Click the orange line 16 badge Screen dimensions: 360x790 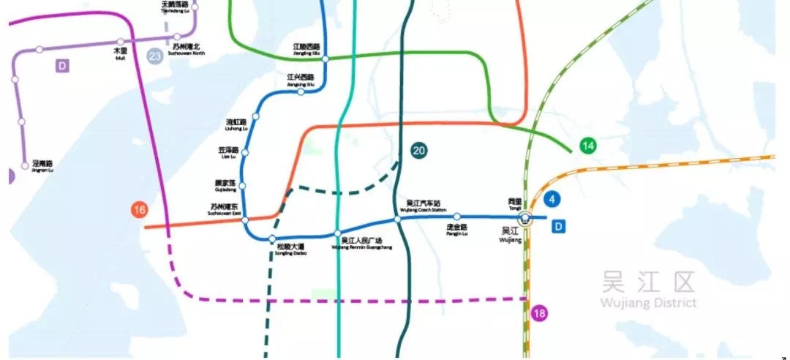[x=140, y=211]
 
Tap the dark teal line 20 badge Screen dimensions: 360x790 [x=419, y=151]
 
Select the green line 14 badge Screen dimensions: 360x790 [x=588, y=146]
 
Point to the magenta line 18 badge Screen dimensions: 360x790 [x=540, y=314]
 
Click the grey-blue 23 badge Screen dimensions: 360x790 [x=154, y=56]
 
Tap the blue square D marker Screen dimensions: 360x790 [x=559, y=227]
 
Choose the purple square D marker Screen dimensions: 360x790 [x=63, y=67]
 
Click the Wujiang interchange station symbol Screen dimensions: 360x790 [x=524, y=218]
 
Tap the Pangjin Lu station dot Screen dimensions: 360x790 [x=457, y=217]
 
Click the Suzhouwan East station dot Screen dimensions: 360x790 [x=245, y=220]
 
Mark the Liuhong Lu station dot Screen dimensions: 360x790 [x=255, y=116]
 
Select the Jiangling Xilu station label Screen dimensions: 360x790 [x=306, y=49]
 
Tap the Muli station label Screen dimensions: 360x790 [x=120, y=53]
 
